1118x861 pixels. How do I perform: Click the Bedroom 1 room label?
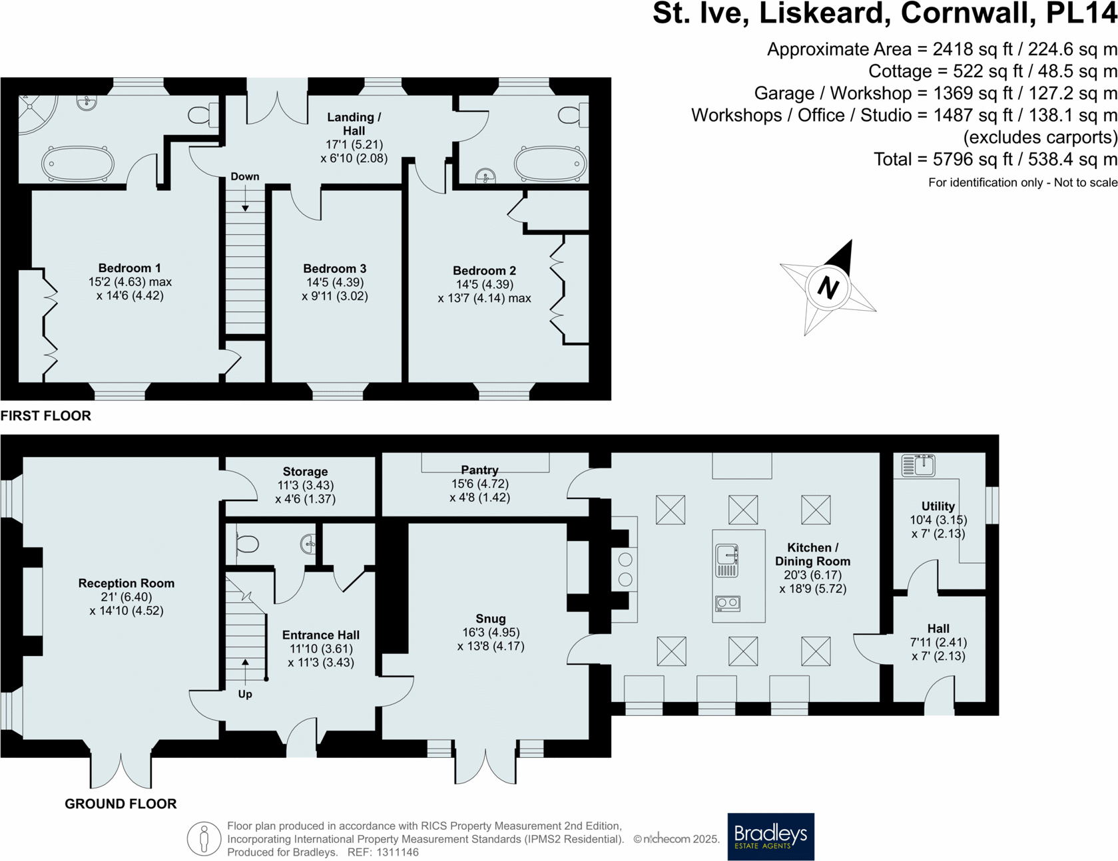coord(129,268)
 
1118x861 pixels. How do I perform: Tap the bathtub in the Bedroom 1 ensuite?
coord(78,163)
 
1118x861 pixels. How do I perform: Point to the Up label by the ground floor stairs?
coord(245,694)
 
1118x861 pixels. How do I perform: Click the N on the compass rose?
coord(828,288)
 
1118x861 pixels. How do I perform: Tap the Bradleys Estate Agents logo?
coord(770,836)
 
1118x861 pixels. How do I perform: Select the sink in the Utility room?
coord(918,464)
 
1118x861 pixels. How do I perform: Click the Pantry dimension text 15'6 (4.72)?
coord(479,484)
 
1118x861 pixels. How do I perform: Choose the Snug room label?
coord(491,619)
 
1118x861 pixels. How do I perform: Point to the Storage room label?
coord(305,472)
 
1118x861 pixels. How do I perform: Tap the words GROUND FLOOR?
coord(121,804)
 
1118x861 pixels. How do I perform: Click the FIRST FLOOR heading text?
coord(46,416)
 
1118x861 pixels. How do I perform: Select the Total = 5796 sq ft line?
coord(995,160)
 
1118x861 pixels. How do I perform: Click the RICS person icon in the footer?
coord(204,838)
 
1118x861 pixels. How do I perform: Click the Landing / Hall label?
coord(354,124)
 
